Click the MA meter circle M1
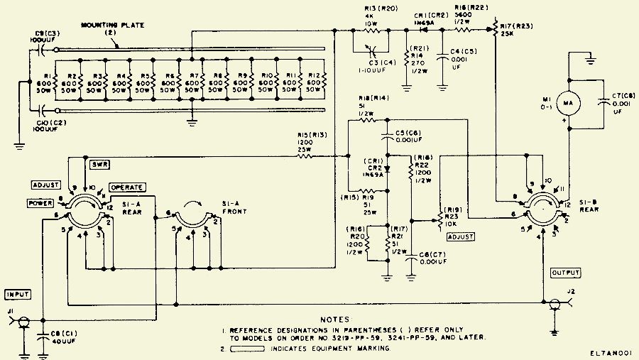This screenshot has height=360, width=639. click(567, 105)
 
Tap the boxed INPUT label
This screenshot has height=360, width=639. click(18, 293)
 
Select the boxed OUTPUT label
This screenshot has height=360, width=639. click(567, 272)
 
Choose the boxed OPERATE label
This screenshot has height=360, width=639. click(127, 187)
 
